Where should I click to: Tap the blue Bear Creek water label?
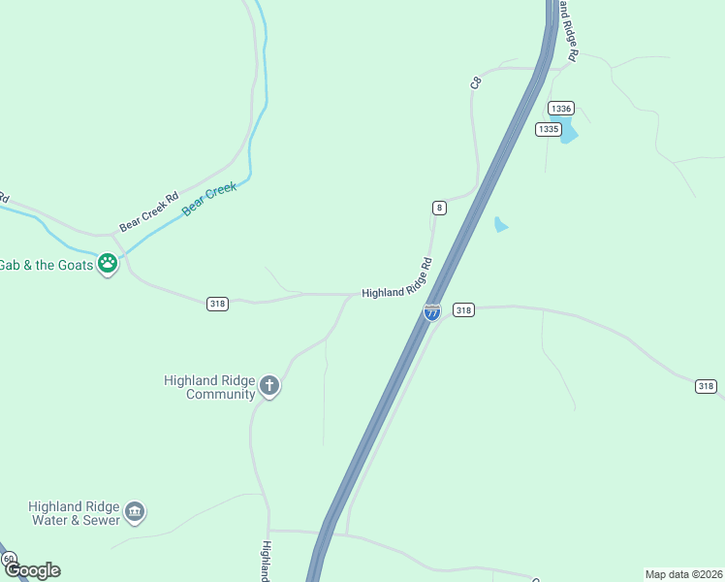tap(209, 199)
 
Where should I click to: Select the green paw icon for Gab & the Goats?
tap(108, 263)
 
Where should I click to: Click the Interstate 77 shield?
tap(432, 311)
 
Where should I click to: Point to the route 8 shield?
tap(440, 208)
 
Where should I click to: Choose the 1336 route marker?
tap(560, 108)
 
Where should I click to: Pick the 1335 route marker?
tap(548, 128)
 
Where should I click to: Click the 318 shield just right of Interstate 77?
tap(463, 310)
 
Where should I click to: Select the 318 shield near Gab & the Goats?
tap(217, 304)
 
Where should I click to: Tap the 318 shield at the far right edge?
tap(706, 386)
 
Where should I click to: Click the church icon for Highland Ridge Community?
tap(269, 387)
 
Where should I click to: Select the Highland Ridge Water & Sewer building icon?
tap(135, 512)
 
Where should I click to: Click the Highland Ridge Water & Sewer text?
tap(74, 513)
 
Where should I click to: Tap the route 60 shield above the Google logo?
tap(9, 560)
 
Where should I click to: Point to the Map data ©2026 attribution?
tap(683, 574)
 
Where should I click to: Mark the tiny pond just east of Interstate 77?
tap(500, 225)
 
